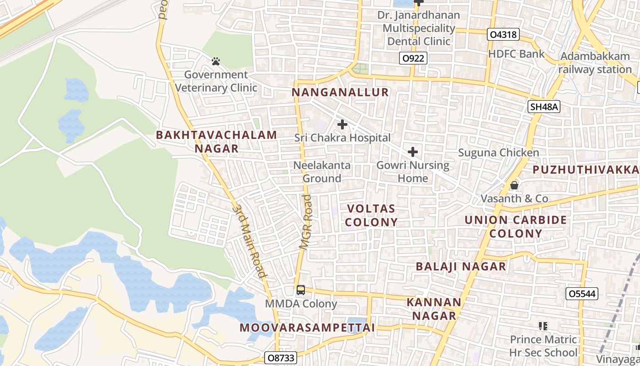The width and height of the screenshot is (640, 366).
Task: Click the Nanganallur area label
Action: point(340,92)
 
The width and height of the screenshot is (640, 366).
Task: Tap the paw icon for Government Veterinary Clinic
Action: point(216,61)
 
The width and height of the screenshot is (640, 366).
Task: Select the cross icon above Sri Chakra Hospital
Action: point(342,124)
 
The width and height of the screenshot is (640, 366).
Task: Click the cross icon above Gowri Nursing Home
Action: point(413,151)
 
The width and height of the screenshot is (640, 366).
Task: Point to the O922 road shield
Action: point(413,58)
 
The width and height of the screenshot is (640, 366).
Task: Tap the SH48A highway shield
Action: point(544,107)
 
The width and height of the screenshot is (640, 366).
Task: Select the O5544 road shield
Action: point(581,294)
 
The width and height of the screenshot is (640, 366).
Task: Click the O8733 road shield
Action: point(281,357)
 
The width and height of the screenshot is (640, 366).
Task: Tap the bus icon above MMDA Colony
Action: point(300,290)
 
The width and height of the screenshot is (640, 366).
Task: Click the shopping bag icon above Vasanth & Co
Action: point(514,185)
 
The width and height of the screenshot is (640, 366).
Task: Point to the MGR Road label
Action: point(306,222)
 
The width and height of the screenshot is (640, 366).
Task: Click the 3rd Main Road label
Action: point(250,241)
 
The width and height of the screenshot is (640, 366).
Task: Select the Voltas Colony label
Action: point(371,215)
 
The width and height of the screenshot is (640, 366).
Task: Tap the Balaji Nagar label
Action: point(461,266)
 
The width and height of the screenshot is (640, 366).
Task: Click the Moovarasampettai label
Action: point(307,328)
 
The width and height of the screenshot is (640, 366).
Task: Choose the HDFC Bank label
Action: point(517,54)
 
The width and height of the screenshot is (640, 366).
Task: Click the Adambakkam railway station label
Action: point(595,63)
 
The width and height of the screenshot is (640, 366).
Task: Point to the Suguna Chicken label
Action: point(499,153)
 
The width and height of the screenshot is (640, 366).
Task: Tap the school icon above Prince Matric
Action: point(543,326)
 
